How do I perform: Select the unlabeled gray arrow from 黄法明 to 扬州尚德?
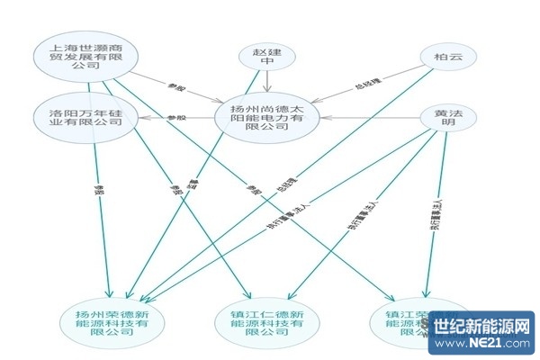[369, 116]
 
